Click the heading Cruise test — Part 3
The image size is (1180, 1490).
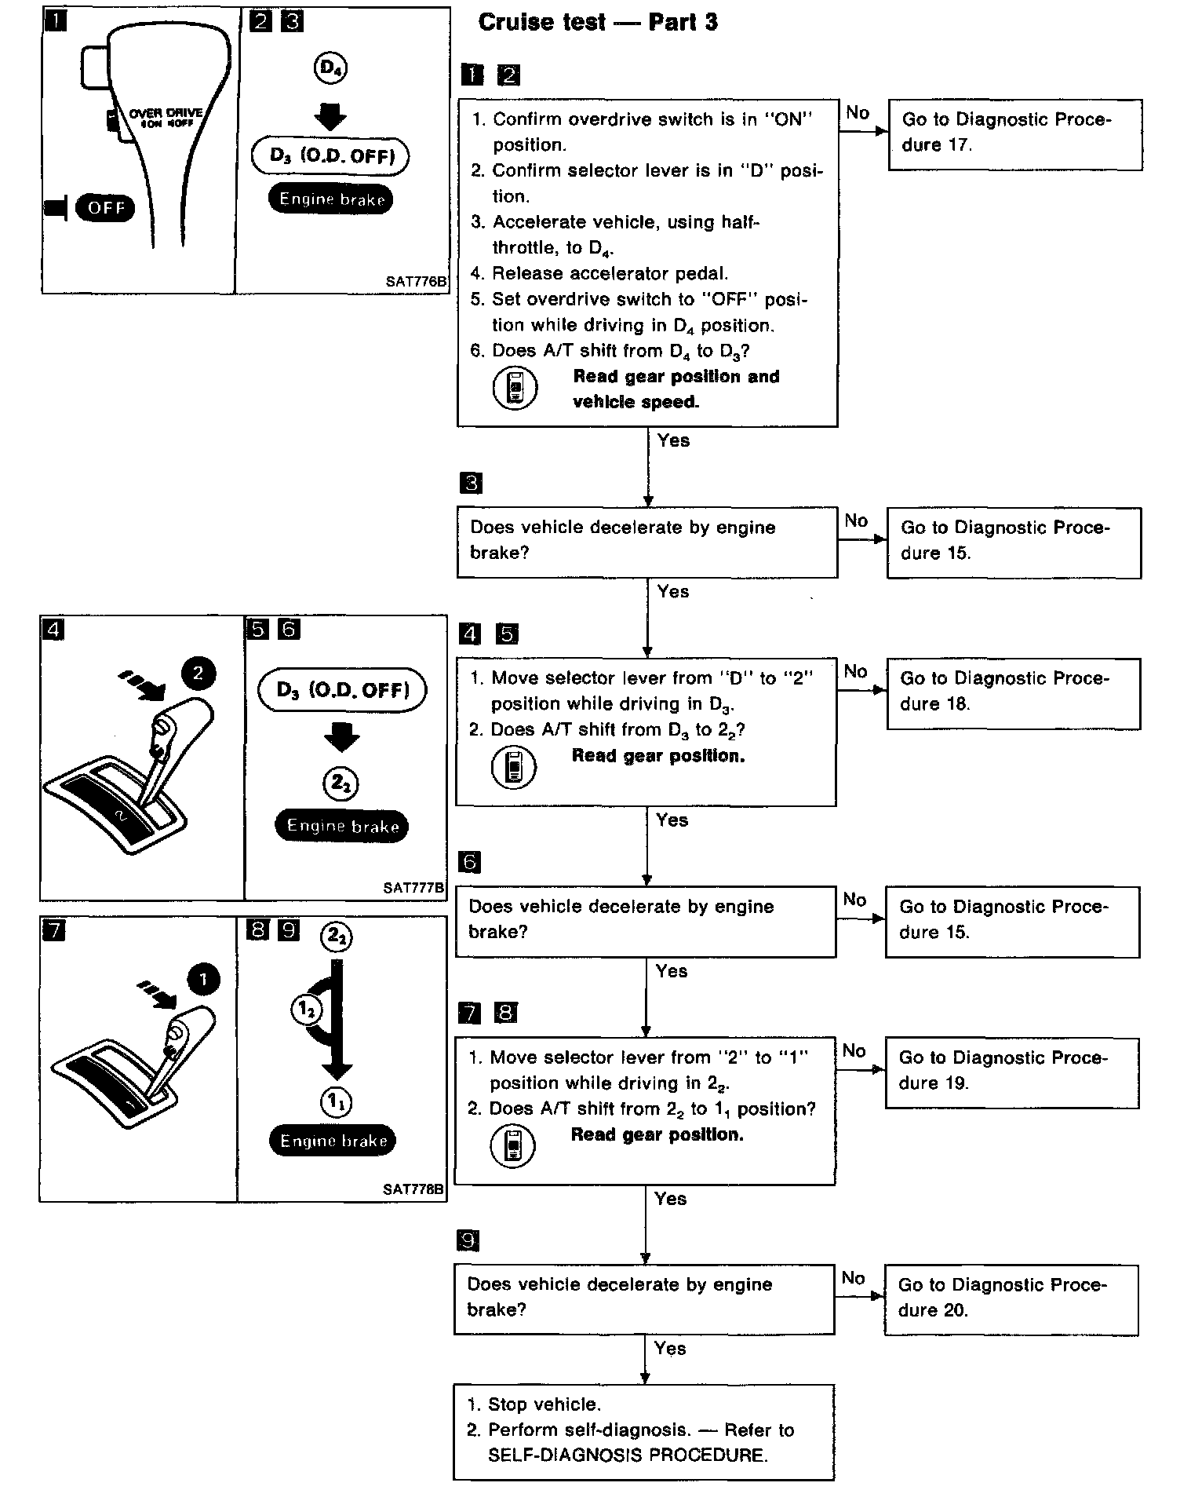coord(598,22)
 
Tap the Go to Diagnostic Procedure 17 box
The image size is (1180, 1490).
coord(1014,134)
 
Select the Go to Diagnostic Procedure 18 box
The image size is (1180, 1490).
coord(1013,693)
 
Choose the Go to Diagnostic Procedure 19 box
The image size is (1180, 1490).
coord(1011,1072)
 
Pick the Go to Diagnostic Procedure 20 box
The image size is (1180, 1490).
coord(1011,1299)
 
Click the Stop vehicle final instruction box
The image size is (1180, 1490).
coord(643,1431)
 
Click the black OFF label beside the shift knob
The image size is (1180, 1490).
coord(105,208)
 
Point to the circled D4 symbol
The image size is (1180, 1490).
coord(330,68)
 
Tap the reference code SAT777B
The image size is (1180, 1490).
coord(413,888)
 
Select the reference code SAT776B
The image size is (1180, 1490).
coord(416,281)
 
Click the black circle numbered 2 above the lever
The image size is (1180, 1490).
coord(198,673)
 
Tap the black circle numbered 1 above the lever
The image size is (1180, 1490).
coord(203,979)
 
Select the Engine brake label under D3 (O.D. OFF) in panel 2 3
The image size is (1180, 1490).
coord(330,199)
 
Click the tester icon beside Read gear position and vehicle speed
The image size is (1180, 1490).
coord(515,389)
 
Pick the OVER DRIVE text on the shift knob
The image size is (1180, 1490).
coord(166,113)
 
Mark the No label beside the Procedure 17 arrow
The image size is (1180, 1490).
coord(858,113)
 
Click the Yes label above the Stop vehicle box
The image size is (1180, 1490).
coord(670,1348)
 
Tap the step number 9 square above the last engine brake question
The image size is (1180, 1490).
coord(468,1241)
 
